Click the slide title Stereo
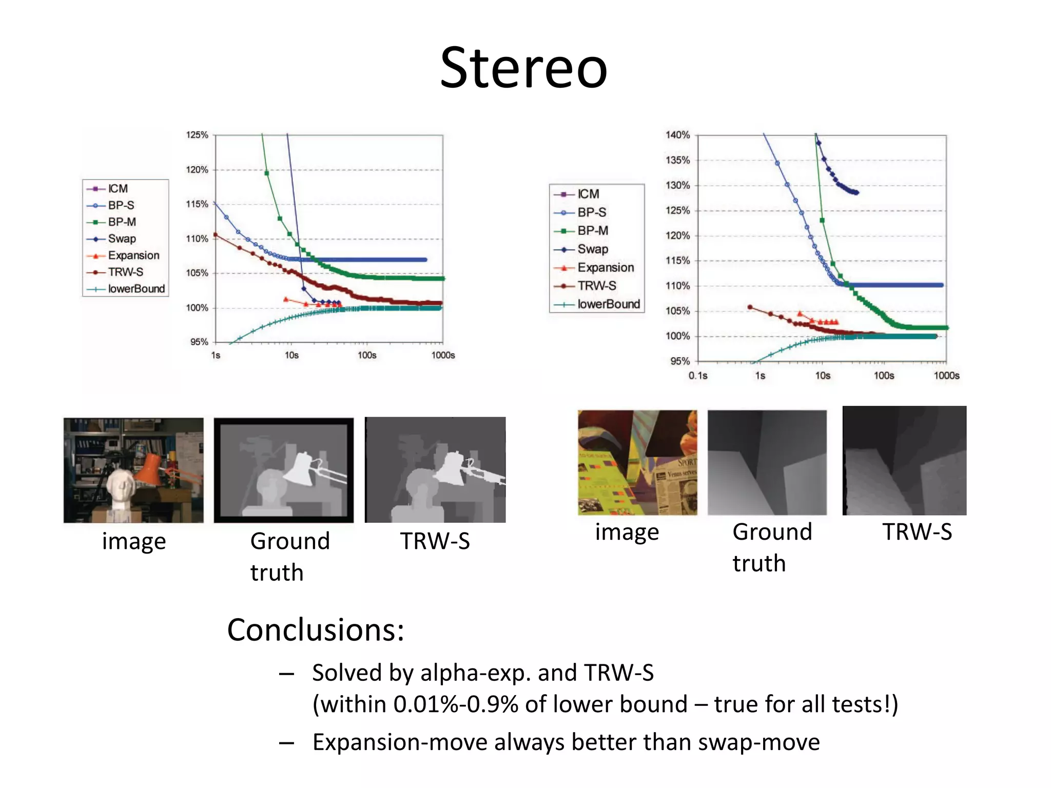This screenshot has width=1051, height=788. coord(523,68)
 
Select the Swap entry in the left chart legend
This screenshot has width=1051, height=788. coord(122,239)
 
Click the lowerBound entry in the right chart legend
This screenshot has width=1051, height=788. coord(608,304)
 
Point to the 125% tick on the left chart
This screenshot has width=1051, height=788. coord(197,135)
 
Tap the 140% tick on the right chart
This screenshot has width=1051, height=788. coord(677,135)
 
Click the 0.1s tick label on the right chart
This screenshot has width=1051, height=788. coord(698,376)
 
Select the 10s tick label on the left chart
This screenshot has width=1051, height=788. coord(291,355)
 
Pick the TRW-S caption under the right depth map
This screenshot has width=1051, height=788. coord(917,532)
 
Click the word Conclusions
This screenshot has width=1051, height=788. coord(316,630)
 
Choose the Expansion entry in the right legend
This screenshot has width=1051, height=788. coord(606,267)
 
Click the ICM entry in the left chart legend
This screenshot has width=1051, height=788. coord(118,189)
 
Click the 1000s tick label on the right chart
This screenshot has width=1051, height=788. coord(946,376)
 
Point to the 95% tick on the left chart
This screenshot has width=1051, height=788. coord(199,342)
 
